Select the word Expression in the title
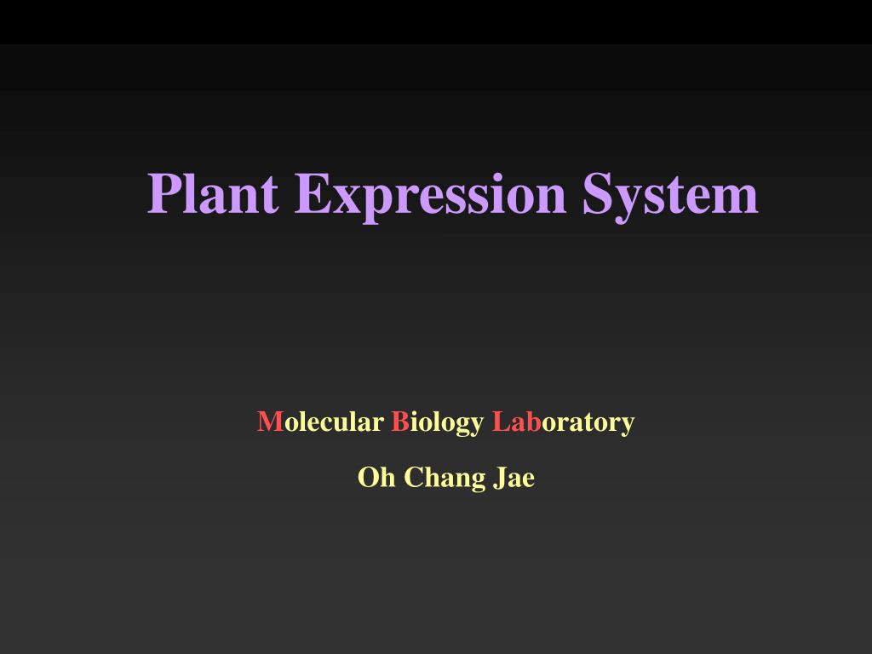point(430,198)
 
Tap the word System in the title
point(671,198)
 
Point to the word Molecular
point(320,422)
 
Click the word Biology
point(438,424)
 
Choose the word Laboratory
point(564,424)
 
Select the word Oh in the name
point(376,477)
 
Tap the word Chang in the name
point(445,479)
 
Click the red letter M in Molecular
point(270,422)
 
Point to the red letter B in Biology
point(400,422)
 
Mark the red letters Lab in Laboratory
point(517,422)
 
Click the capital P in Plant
point(165,193)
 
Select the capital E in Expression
point(313,193)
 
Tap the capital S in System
point(596,193)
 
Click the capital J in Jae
point(501,478)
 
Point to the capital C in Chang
point(415,477)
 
